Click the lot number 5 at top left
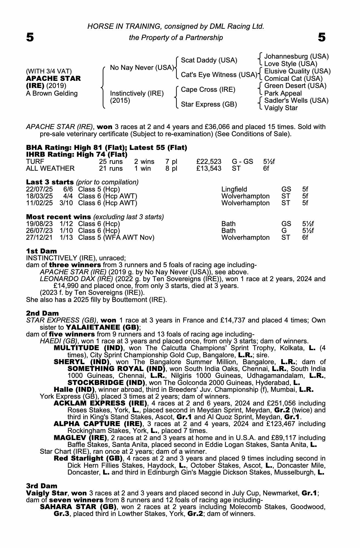[30, 38]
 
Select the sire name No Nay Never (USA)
[142, 67]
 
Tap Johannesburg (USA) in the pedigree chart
[296, 56]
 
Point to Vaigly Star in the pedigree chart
[281, 108]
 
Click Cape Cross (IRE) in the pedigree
[208, 90]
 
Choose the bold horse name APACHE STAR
[53, 79]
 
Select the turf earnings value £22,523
[209, 162]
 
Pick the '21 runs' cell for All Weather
[111, 169]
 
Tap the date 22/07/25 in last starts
[39, 189]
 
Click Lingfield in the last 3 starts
[234, 189]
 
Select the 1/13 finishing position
[66, 238]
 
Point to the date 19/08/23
[39, 224]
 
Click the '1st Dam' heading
[41, 251]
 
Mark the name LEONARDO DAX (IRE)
[76, 279]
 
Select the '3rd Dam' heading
[42, 486]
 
